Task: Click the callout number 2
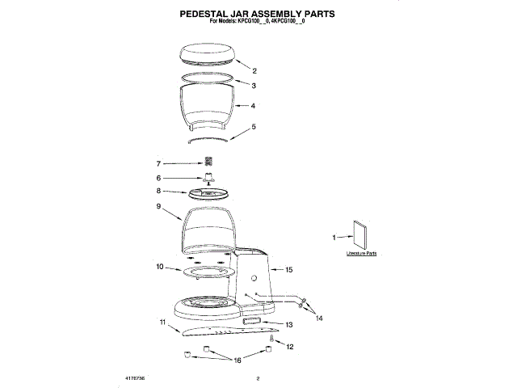(254, 70)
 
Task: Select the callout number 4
(254, 106)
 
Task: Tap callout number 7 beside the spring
(159, 163)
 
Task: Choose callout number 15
(289, 269)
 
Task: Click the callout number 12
(290, 347)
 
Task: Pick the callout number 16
(237, 361)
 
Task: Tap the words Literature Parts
(361, 253)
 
